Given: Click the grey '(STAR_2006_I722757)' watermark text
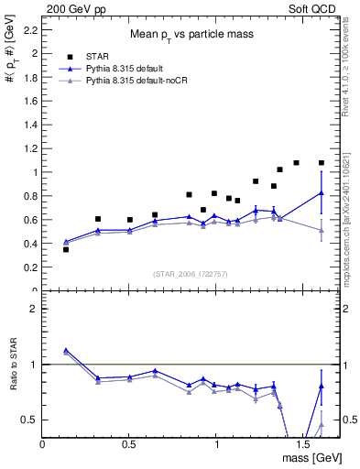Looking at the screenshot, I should (x=191, y=274).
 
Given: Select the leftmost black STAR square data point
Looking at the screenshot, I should (x=66, y=249).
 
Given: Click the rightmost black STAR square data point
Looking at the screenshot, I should (x=321, y=163).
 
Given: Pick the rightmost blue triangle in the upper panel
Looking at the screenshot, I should (x=321, y=193).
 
